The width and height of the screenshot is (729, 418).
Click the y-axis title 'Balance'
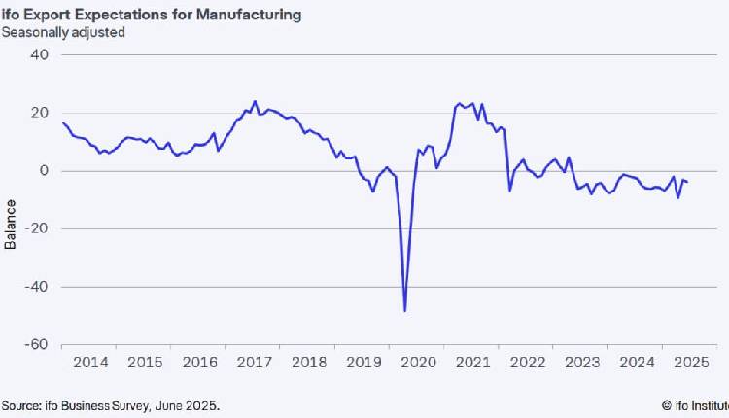[x=11, y=225]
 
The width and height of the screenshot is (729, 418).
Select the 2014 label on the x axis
[x=90, y=363]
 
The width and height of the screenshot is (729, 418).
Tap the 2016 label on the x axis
[x=199, y=363]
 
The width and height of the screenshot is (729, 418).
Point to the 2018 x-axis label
[x=308, y=363]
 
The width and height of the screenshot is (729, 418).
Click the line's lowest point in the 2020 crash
[x=404, y=311]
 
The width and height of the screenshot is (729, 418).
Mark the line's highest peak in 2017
[x=255, y=101]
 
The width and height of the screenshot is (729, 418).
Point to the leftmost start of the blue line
[x=62, y=122]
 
